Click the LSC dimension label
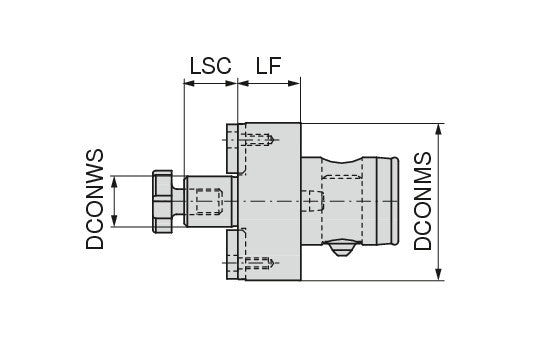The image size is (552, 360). (x=211, y=65)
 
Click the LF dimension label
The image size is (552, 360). (x=269, y=65)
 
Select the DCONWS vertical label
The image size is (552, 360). (x=95, y=199)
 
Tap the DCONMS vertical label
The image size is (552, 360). (x=422, y=201)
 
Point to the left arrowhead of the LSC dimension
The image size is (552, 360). (x=189, y=83)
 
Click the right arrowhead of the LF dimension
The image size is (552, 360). (x=294, y=83)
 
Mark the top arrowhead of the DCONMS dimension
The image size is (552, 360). (x=438, y=130)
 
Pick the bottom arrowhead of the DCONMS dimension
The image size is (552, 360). (x=438, y=274)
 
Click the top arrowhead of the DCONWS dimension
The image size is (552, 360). (x=114, y=182)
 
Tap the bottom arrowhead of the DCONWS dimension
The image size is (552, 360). (x=114, y=221)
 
